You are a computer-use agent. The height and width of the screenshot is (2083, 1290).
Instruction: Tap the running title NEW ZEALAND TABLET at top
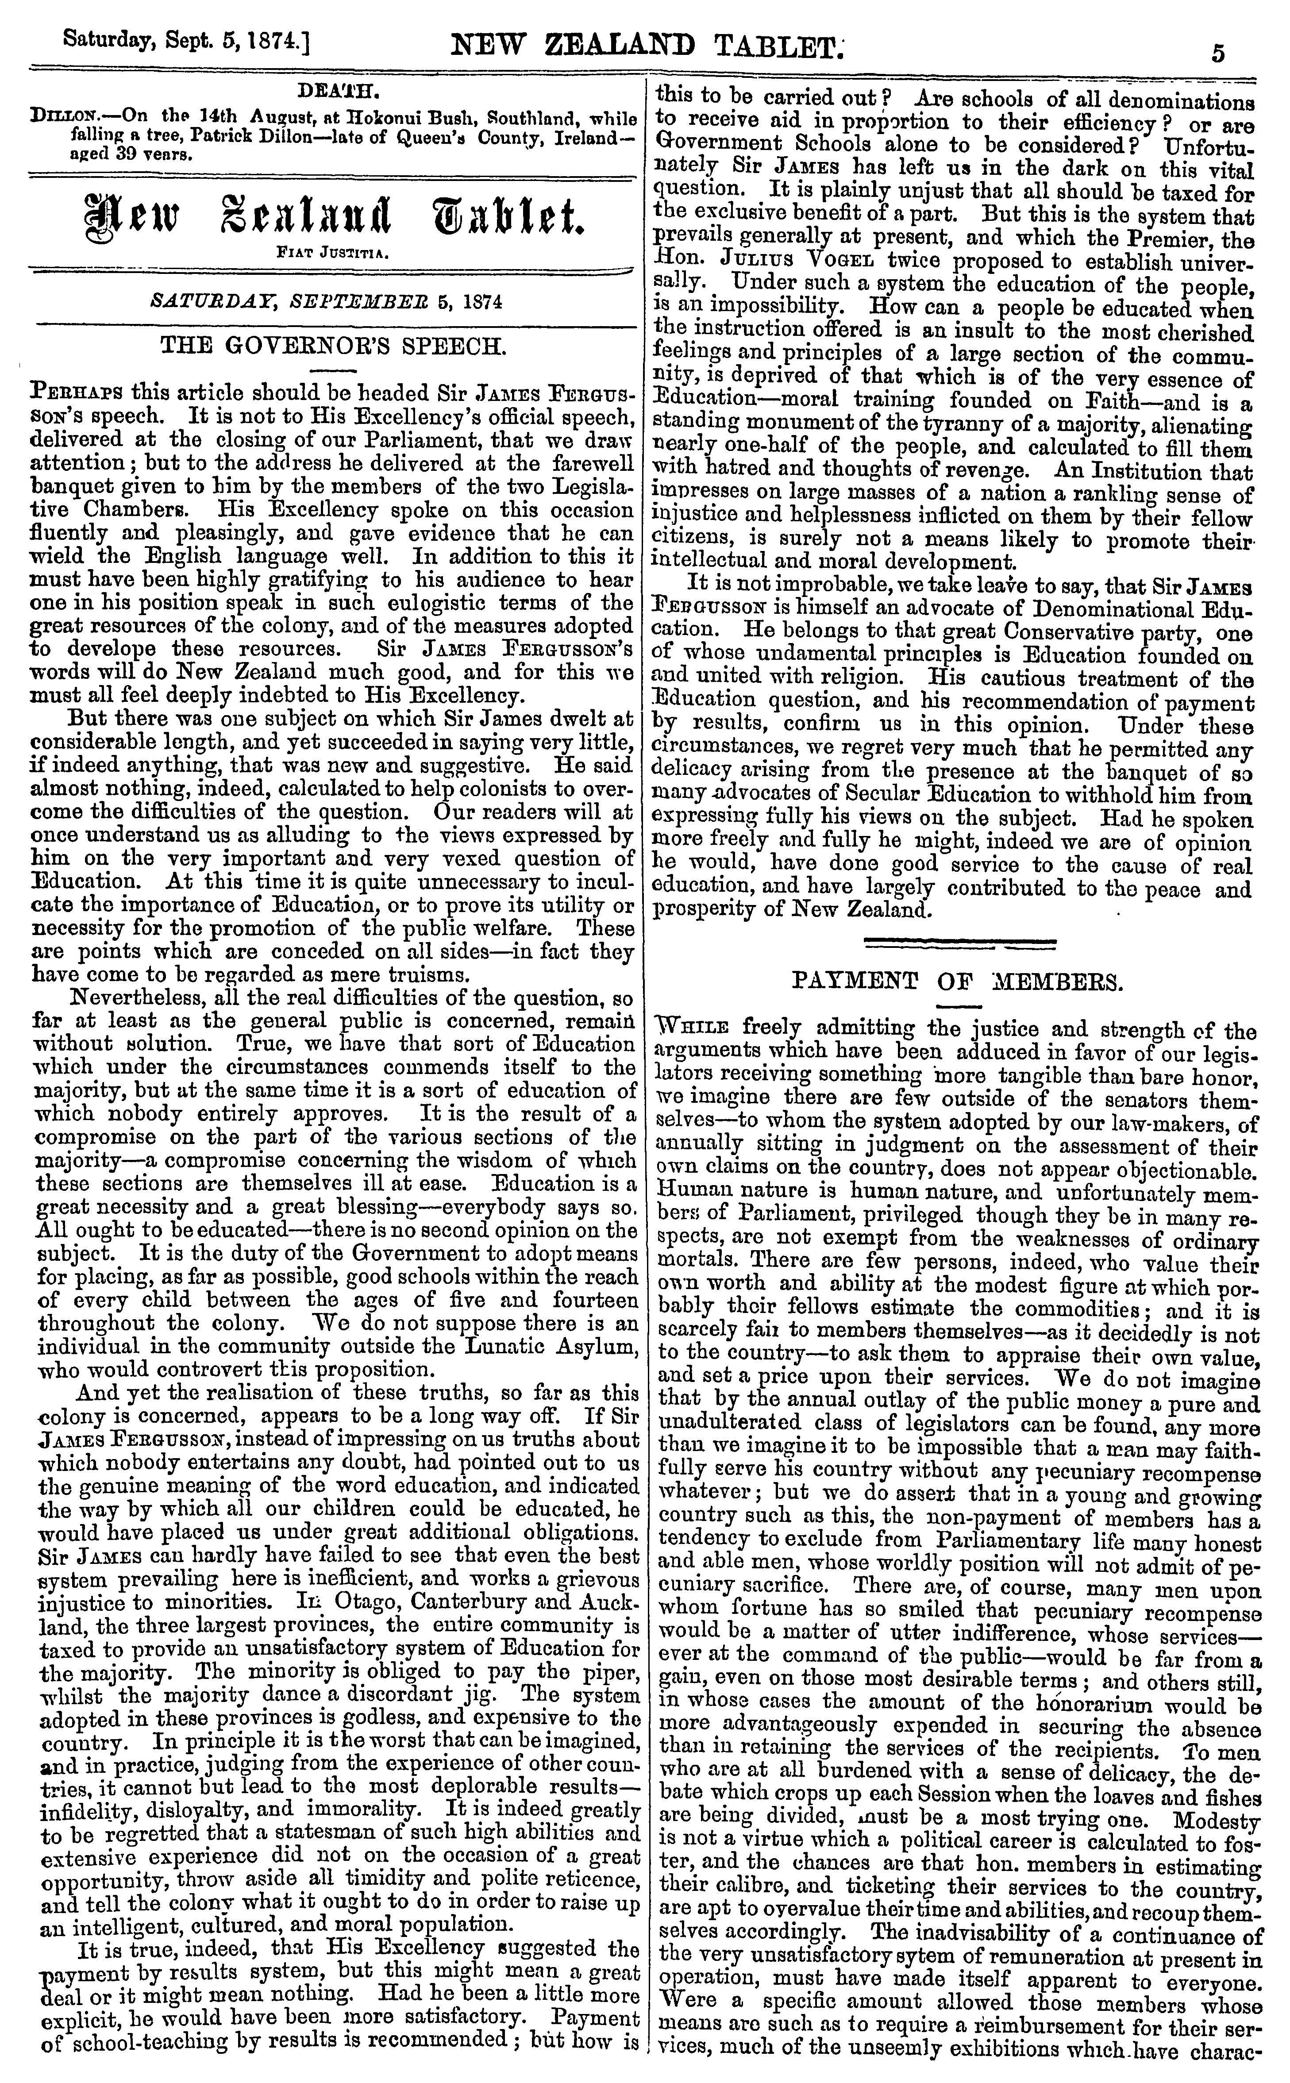[x=646, y=44]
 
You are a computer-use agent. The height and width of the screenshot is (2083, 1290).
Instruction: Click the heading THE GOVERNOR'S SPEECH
[x=333, y=347]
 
